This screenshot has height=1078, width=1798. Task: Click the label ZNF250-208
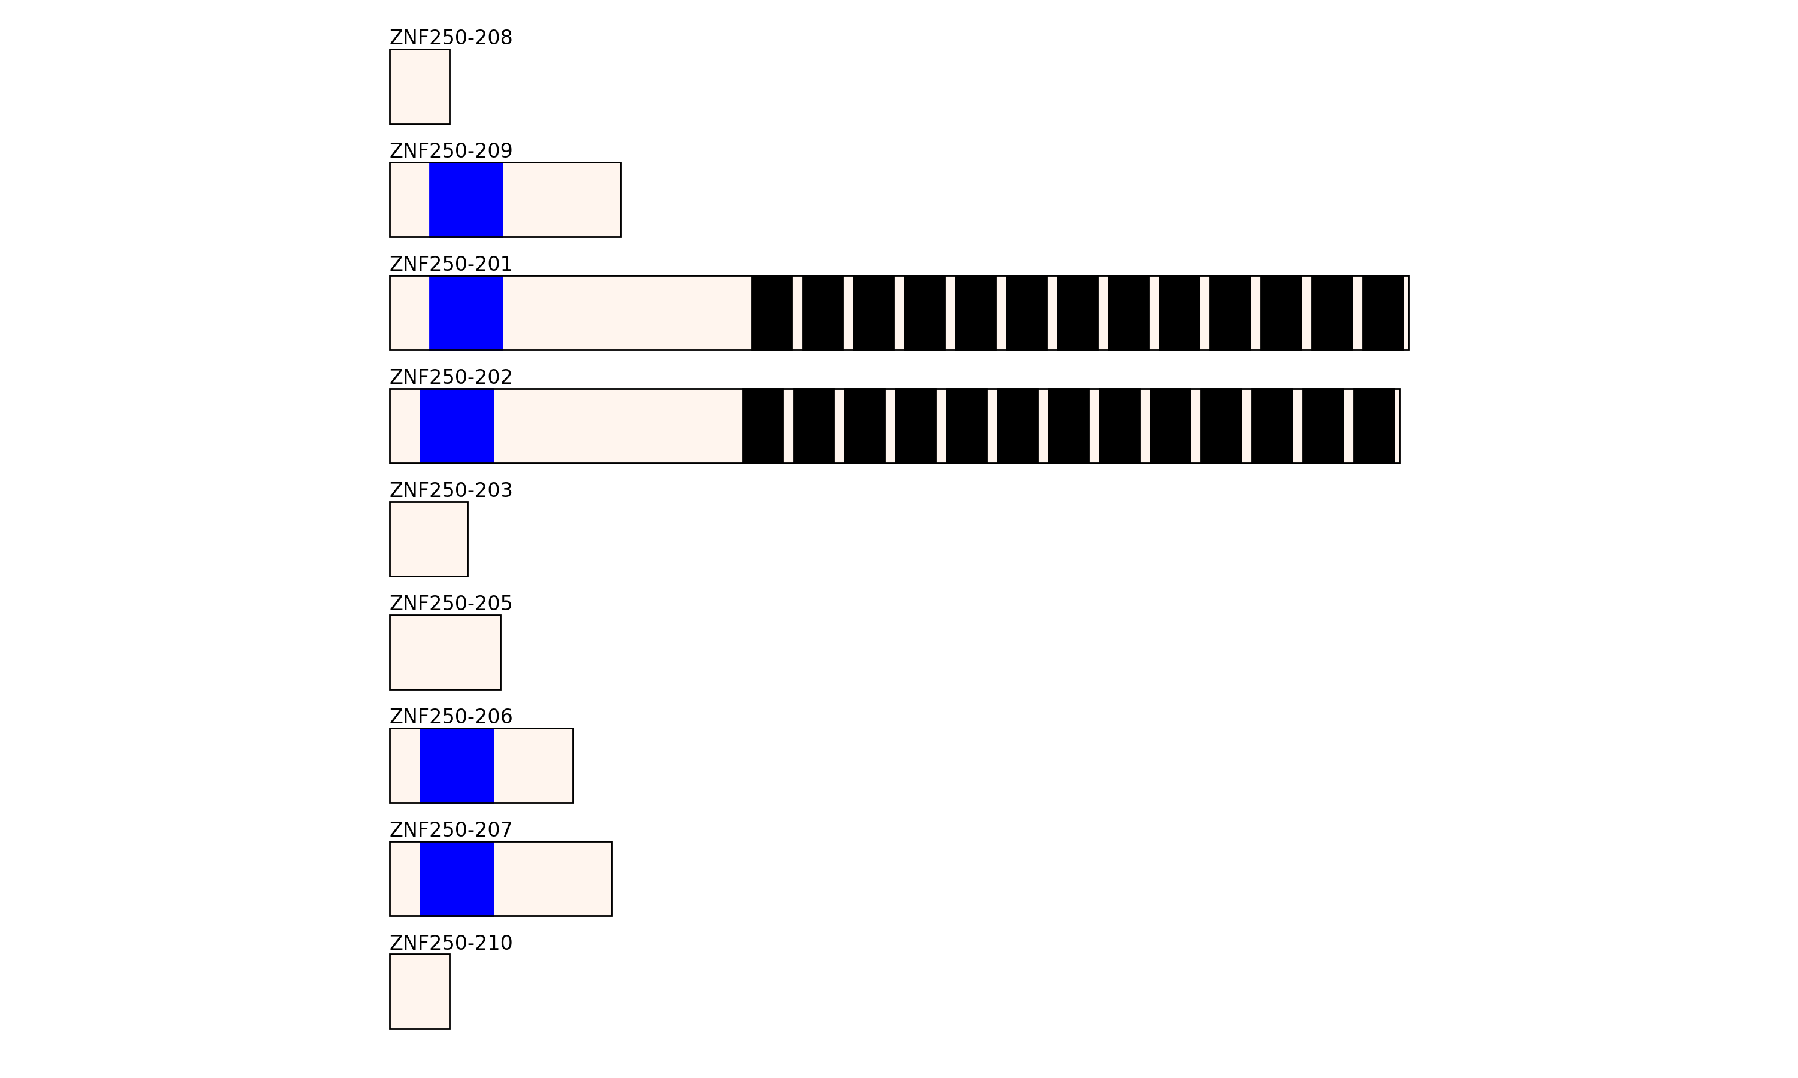451,38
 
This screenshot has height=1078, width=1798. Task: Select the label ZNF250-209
451,151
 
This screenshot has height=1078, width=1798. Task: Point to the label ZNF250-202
451,377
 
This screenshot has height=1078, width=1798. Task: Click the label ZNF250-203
451,490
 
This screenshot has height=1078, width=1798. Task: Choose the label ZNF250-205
451,604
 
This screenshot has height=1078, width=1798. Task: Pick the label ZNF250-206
451,717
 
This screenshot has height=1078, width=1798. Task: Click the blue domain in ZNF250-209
466,200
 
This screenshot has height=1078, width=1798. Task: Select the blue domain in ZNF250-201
466,313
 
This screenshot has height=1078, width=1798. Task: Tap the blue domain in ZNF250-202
457,426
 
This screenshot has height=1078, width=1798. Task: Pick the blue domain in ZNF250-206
457,765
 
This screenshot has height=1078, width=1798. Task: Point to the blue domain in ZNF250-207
457,879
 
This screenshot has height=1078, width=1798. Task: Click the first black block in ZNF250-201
771,313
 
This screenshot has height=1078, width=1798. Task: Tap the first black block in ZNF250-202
762,426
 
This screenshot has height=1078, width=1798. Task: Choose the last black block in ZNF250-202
1374,426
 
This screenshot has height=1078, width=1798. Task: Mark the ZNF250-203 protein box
428,540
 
